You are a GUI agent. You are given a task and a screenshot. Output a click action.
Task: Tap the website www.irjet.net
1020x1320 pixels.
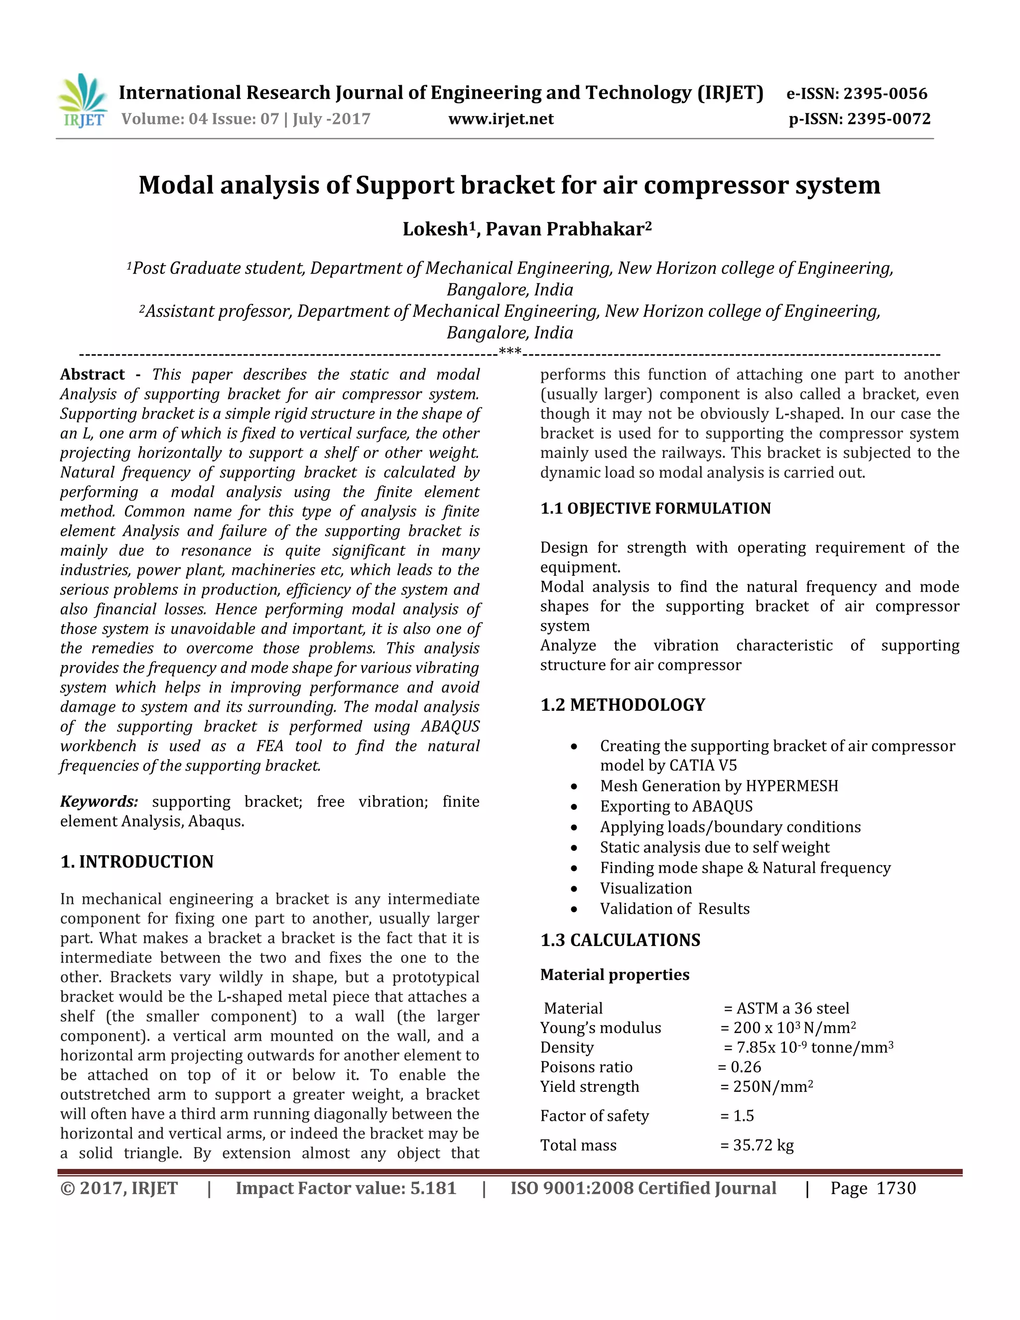tap(501, 119)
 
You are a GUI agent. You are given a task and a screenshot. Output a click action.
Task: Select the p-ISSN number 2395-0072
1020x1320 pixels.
tap(889, 119)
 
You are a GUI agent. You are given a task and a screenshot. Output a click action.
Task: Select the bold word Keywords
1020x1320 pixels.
tap(99, 802)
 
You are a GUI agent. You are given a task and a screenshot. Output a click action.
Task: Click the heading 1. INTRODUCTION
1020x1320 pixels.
tap(137, 862)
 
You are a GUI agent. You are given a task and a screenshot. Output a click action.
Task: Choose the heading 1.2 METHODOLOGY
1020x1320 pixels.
tap(623, 705)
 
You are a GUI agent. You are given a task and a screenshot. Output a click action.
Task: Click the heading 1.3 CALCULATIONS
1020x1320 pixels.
tap(621, 940)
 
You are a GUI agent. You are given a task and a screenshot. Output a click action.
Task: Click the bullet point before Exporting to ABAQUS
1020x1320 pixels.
tap(574, 807)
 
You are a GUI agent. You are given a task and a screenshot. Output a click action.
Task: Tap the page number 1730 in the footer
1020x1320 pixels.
tap(896, 1188)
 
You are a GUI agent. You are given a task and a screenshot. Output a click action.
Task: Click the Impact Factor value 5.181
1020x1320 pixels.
tap(433, 1188)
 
